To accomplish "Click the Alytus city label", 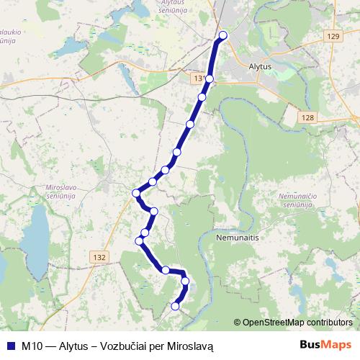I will coord(258,66).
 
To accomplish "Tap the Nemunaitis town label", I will coord(237,235).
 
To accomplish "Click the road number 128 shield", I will coord(309,117).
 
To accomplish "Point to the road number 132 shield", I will coord(99,256).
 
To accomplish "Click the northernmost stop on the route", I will coord(222,35).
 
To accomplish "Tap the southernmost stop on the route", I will coord(175,306).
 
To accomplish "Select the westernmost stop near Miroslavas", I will coord(136,192).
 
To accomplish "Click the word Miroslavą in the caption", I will coord(191,346).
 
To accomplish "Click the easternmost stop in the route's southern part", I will coord(185,282).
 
